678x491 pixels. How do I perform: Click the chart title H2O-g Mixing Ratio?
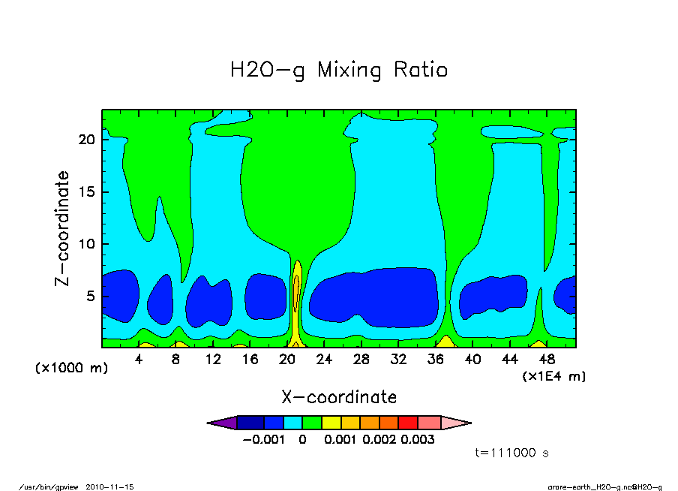[x=338, y=71]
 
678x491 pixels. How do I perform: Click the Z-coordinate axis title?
[x=62, y=227]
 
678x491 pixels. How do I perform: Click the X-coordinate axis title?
[x=338, y=396]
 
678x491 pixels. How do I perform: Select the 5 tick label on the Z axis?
[x=92, y=297]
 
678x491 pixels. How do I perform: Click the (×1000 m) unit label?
[x=67, y=369]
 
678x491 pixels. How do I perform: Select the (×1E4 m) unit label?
[x=553, y=376]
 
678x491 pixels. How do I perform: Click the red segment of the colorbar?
[x=408, y=423]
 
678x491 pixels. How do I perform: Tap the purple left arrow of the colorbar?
[x=221, y=423]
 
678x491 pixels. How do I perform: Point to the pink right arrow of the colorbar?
[x=456, y=423]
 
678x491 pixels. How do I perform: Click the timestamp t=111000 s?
[x=512, y=453]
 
